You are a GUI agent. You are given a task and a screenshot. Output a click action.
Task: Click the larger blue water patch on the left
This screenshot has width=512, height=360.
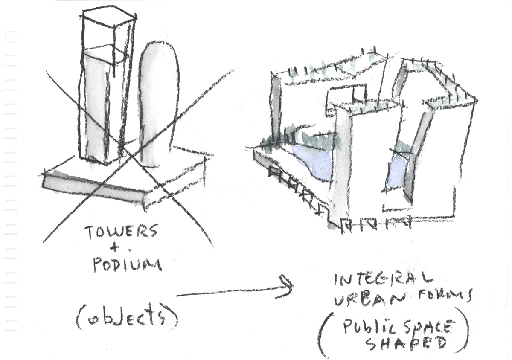point(314,162)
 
